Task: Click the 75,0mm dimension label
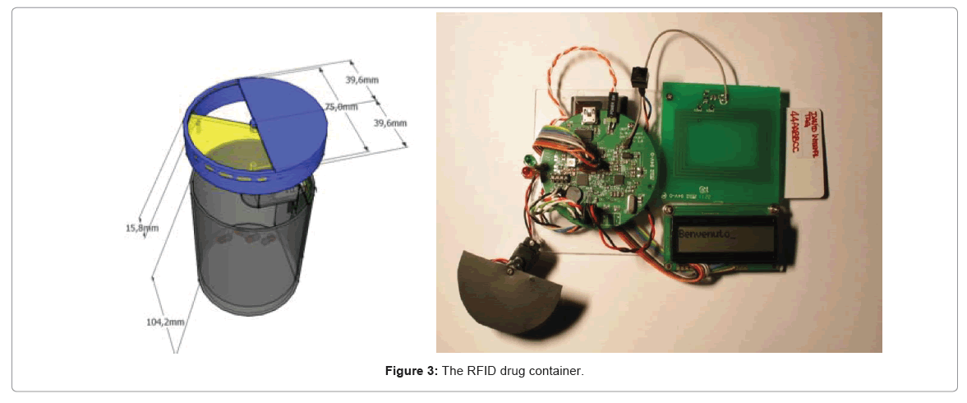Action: pyautogui.click(x=342, y=107)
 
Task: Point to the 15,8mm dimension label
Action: pyautogui.click(x=141, y=227)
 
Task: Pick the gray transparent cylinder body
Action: pyautogui.click(x=246, y=247)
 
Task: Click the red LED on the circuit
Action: pyautogui.click(x=523, y=171)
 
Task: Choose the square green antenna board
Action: pyautogui.click(x=723, y=137)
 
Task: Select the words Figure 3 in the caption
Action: pyautogui.click(x=412, y=372)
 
